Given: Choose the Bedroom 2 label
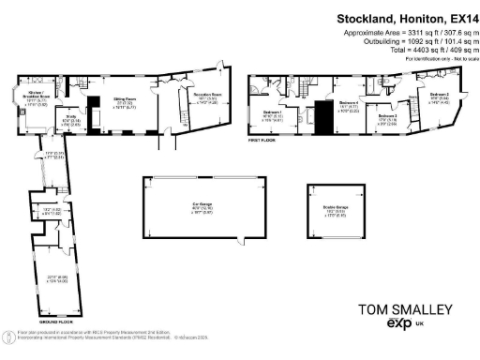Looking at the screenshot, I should tap(440, 96).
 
